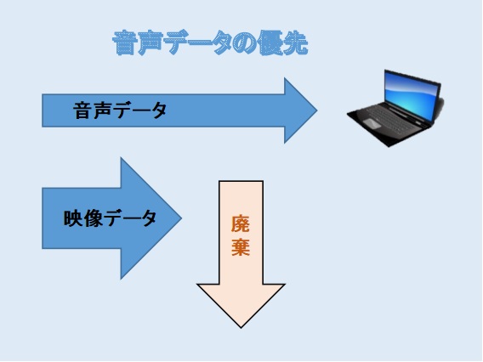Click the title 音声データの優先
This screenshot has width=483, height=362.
click(210, 42)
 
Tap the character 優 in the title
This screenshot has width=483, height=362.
click(270, 42)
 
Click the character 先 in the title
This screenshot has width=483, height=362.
click(296, 43)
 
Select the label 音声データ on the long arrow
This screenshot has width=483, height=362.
click(120, 110)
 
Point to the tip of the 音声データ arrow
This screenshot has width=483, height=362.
click(317, 110)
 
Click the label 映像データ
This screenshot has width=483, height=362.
click(110, 218)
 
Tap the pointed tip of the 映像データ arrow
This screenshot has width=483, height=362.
click(181, 218)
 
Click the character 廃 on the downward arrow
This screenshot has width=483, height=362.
click(241, 223)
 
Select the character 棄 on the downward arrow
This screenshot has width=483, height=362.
click(241, 246)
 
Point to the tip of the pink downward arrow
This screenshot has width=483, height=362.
click(241, 327)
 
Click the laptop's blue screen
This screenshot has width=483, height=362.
click(411, 96)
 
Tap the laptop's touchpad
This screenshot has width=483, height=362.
click(372, 123)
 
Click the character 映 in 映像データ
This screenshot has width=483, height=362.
click(72, 218)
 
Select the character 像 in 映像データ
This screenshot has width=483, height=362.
click(93, 218)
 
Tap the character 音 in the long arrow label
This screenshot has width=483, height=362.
click(82, 110)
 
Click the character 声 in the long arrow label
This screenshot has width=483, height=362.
click(102, 110)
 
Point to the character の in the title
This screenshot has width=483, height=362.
click(245, 43)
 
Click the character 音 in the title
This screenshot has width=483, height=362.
click(124, 42)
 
